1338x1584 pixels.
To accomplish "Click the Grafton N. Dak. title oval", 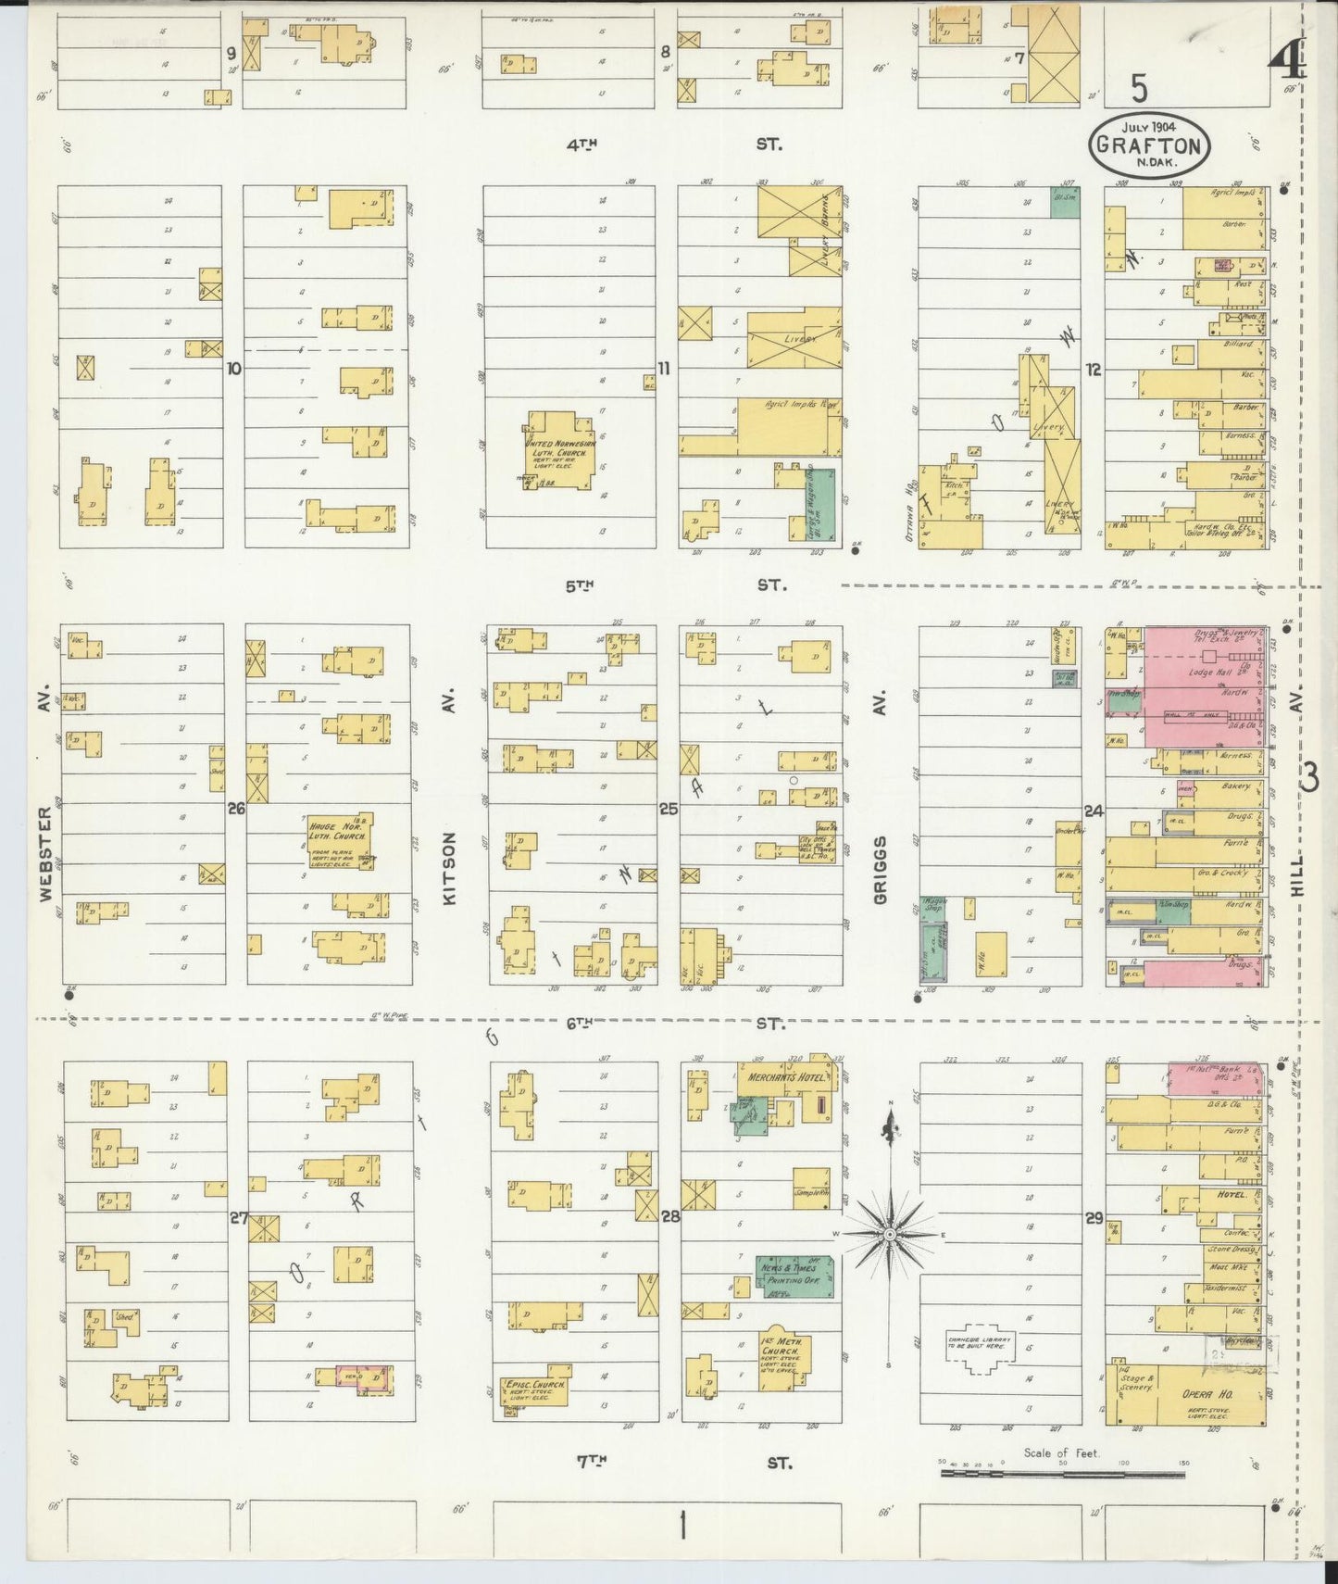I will (1149, 145).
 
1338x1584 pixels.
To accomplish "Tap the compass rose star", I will (889, 1234).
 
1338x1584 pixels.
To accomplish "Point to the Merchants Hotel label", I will (774, 1077).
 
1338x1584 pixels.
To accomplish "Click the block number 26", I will (236, 809).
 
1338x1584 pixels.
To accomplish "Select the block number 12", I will (1094, 369).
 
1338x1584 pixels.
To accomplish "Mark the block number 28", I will (669, 1216).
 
